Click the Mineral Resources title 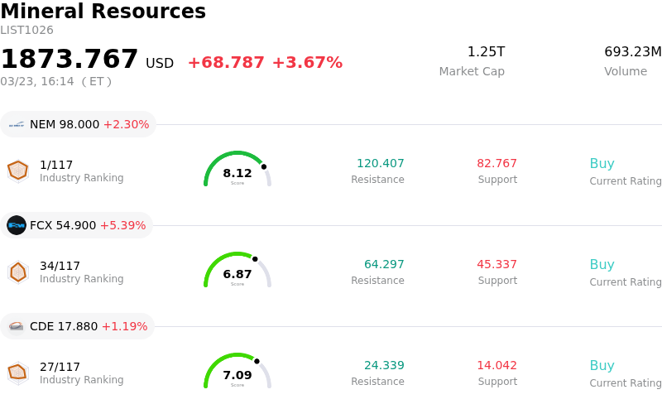coord(103,12)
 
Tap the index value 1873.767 coord(70,60)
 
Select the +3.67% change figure coord(307,63)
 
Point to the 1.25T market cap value coord(486,52)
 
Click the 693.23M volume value coord(632,52)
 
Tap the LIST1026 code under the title coord(26,31)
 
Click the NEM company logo coord(17,124)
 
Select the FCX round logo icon coord(17,225)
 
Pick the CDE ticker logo coord(17,326)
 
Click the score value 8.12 coord(237,173)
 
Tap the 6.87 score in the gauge coord(237,274)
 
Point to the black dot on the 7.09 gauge coord(257,361)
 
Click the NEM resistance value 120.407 coord(381,163)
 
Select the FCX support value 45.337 coord(496,264)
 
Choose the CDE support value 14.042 coord(496,365)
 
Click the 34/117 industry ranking coord(60,266)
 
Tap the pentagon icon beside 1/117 coord(17,171)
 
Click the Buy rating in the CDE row coord(602,365)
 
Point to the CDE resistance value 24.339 coord(384,365)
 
